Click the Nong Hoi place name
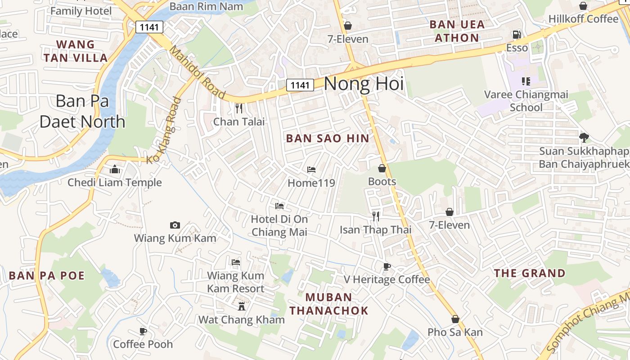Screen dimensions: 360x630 [364, 84]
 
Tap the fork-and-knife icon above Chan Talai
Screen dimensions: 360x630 [239, 108]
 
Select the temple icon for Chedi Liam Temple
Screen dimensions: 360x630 [115, 170]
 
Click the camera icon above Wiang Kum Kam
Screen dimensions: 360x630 [175, 225]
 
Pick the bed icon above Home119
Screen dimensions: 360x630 [311, 170]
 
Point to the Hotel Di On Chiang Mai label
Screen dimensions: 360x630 [279, 225]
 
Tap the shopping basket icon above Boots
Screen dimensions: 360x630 [382, 168]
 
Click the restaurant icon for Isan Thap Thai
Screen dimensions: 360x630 [376, 216]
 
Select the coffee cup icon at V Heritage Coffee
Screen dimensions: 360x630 [387, 266]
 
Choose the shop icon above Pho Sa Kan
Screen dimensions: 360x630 [455, 319]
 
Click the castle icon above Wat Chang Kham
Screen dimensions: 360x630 [242, 306]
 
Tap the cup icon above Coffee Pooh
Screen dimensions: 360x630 [143, 331]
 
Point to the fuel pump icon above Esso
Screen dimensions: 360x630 [517, 35]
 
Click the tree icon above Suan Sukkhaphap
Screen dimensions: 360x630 [584, 137]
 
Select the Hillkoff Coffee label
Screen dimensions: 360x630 [583, 19]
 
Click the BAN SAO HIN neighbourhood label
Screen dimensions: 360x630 [328, 138]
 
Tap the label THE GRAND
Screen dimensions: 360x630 [530, 273]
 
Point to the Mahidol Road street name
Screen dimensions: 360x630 [197, 72]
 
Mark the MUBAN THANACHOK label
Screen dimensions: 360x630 [328, 304]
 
